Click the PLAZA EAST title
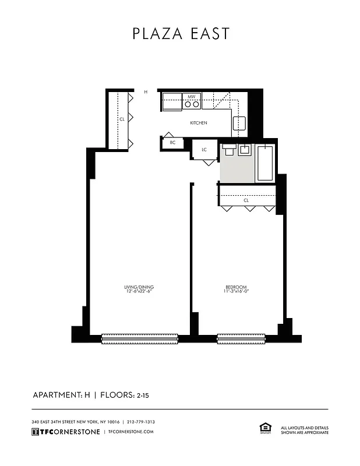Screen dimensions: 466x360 click(180, 34)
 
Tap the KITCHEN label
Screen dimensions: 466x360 click(199, 123)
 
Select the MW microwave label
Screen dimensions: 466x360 click(192, 97)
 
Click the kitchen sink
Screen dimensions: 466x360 click(240, 123)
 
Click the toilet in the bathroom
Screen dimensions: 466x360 click(228, 151)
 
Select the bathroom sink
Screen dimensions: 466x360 click(245, 151)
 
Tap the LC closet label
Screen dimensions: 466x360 click(204, 150)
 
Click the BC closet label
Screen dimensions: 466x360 click(172, 143)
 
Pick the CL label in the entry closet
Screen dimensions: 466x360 click(122, 119)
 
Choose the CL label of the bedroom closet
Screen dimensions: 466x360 click(246, 200)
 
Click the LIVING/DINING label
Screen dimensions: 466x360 click(139, 287)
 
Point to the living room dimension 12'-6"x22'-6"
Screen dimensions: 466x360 click(139, 292)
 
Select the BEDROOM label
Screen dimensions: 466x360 click(237, 287)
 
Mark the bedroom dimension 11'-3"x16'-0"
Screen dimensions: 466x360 click(237, 292)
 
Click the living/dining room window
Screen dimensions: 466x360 click(140, 338)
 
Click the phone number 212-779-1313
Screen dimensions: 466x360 click(141, 422)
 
